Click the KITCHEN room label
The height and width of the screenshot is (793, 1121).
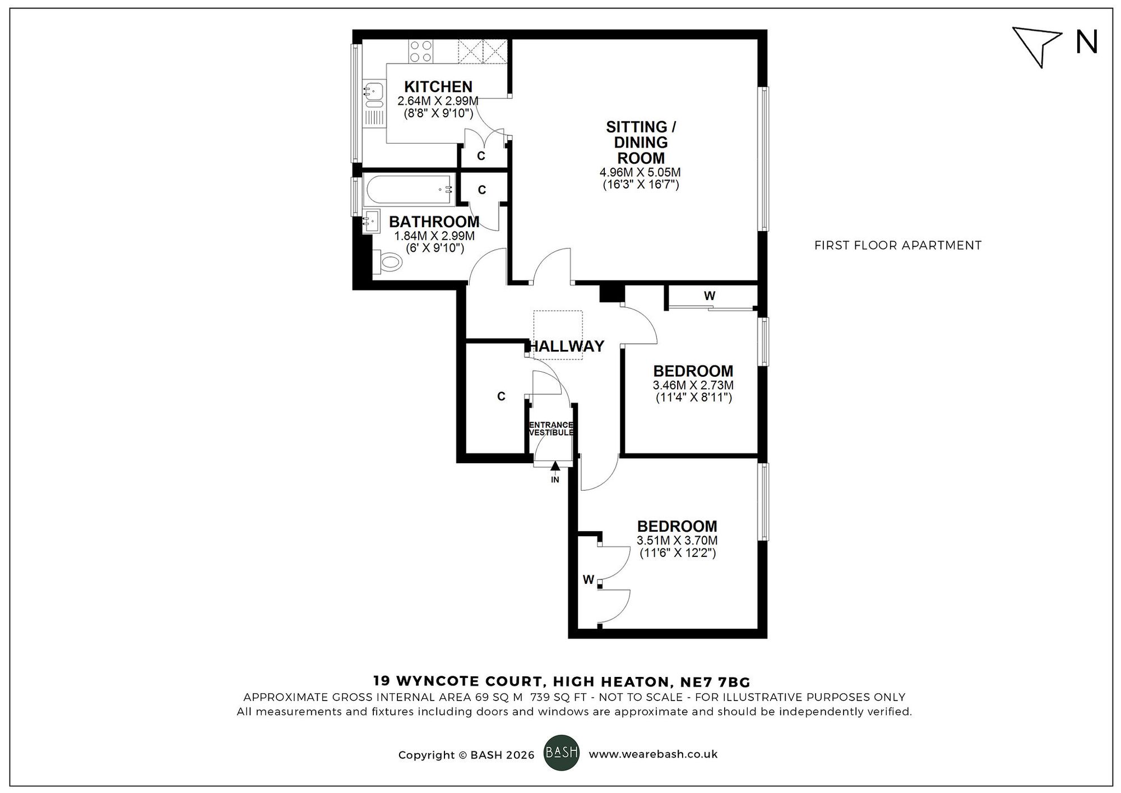(x=438, y=87)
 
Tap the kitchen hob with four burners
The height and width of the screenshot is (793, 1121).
(x=420, y=51)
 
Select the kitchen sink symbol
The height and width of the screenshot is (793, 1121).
(x=373, y=94)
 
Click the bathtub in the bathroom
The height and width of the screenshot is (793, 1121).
(x=409, y=190)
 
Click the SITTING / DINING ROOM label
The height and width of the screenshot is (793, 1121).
(x=641, y=142)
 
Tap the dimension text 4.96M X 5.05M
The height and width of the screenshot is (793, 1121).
(x=641, y=172)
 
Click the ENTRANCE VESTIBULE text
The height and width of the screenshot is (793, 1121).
(x=552, y=429)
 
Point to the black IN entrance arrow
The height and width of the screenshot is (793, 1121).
(x=555, y=465)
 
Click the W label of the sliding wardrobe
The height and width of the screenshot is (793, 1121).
(x=710, y=296)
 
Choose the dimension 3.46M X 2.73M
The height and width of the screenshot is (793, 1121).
(x=693, y=385)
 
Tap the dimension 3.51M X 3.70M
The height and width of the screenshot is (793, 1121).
(x=677, y=541)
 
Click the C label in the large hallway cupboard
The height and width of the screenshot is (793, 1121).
(x=501, y=396)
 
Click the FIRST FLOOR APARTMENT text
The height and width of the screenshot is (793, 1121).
(x=897, y=245)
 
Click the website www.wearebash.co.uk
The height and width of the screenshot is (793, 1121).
(x=653, y=754)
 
